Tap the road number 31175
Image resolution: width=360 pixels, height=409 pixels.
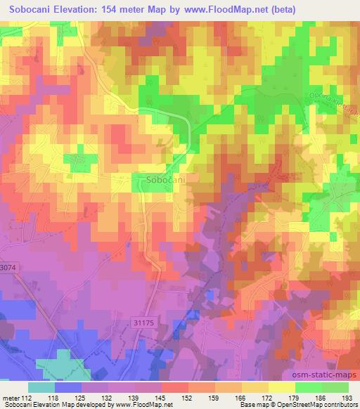pos(143,322)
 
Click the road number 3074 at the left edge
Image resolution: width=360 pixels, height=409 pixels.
pos(8,268)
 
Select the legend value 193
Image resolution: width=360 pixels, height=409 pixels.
pos(348,397)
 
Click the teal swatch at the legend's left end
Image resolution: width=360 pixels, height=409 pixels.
pos(41,387)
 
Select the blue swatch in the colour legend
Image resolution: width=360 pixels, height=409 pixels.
pos(68,387)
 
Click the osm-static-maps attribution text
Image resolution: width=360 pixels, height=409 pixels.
pos(326,377)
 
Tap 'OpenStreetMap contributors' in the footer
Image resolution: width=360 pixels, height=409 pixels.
pos(318,404)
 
